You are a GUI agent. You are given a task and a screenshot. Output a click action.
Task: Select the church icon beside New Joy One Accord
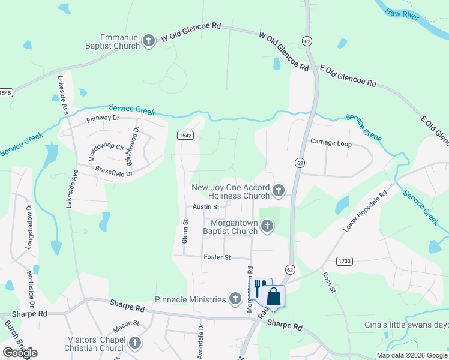click(278, 191)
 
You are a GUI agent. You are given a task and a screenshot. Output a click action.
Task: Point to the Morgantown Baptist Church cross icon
click(267, 226)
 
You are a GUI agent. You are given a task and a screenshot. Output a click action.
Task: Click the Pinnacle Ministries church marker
click(235, 298)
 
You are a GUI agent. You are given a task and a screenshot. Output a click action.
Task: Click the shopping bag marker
click(273, 296)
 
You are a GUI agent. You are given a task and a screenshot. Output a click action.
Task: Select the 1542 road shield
click(185, 136)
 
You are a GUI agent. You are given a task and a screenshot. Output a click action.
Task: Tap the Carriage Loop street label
click(331, 143)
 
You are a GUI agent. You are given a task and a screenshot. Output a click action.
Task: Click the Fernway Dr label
click(104, 118)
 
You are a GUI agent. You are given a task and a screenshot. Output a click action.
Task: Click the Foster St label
click(217, 257)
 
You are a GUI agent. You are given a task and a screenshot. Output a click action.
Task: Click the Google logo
click(20, 353)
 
